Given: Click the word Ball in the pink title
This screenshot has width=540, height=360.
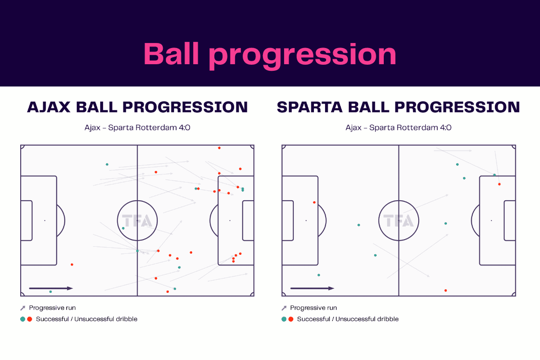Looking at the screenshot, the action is (x=171, y=54).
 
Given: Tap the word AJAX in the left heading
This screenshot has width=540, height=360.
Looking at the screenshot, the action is (x=49, y=107).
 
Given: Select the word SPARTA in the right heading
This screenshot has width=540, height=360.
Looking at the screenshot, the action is (x=310, y=107).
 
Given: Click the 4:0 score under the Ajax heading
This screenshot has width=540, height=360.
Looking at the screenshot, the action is (x=184, y=127).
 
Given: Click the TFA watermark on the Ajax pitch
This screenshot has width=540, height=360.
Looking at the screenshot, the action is (x=137, y=220).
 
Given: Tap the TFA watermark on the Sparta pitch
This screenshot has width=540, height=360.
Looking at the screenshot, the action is (x=398, y=220).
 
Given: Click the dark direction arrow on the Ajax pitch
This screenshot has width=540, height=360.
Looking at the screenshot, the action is (x=51, y=288).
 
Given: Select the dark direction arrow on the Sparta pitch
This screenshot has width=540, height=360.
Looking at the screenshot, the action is (x=312, y=288).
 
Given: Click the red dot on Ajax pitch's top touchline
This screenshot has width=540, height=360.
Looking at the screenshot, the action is (x=219, y=148).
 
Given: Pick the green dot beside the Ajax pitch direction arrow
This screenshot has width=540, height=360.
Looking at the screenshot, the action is (x=51, y=292).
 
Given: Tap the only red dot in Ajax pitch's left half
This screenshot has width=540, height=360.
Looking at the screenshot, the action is (x=72, y=264).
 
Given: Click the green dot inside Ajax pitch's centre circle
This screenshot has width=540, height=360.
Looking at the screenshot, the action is (x=123, y=229).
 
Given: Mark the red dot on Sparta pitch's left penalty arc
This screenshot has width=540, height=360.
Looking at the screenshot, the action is (x=314, y=203).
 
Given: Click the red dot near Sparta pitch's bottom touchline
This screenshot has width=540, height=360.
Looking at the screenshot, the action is (x=445, y=290).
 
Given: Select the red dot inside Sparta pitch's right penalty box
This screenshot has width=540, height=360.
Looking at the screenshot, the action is (x=500, y=185).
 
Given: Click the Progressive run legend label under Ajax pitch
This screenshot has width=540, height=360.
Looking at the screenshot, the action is (x=53, y=307).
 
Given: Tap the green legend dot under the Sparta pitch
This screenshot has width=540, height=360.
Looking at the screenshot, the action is (x=284, y=319).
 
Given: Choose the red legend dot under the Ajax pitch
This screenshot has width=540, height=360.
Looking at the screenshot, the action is (x=30, y=319).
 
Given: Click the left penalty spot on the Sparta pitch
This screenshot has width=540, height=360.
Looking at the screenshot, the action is (x=306, y=220).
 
